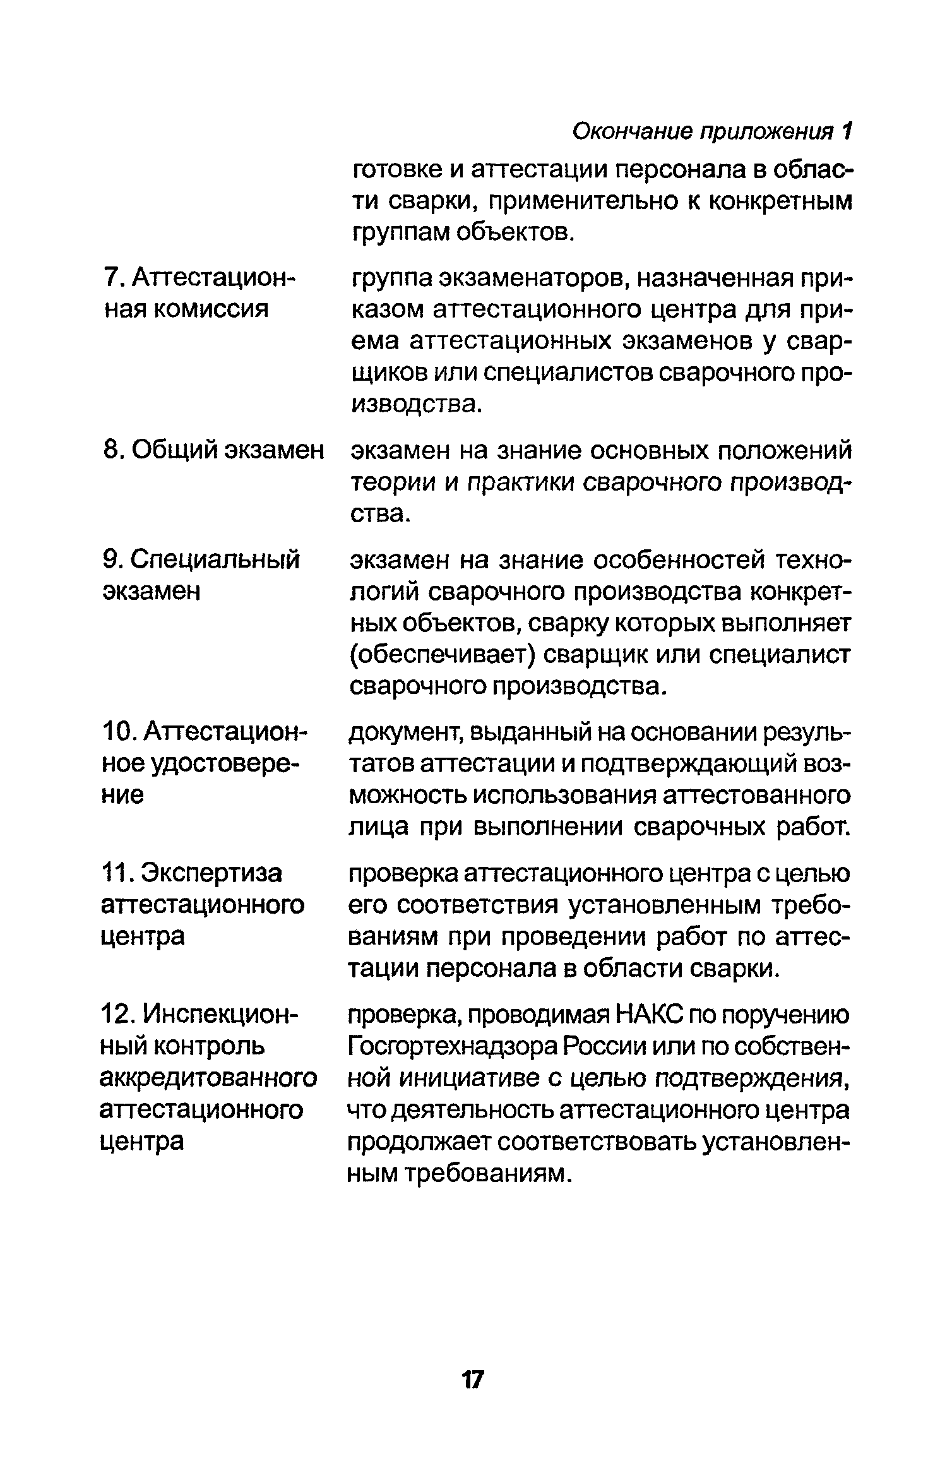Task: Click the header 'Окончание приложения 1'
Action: point(712,132)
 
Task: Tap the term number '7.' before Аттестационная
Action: point(112,278)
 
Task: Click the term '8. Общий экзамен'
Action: point(212,451)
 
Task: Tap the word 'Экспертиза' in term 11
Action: point(212,874)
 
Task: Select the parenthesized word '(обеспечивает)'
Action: point(443,655)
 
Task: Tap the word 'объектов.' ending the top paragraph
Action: point(514,233)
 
